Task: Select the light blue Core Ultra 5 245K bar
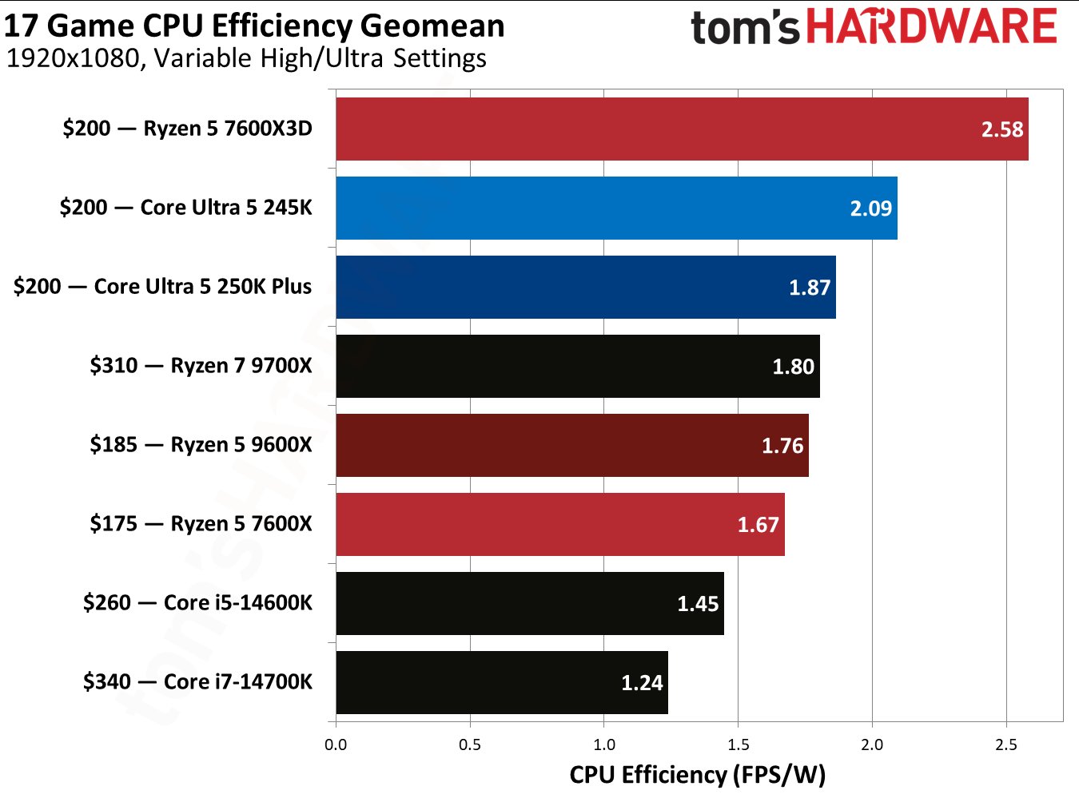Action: click(616, 208)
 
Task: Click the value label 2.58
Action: click(1001, 129)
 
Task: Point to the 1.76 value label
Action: click(782, 446)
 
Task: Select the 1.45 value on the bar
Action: click(698, 604)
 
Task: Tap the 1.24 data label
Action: click(642, 683)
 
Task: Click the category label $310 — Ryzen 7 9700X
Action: click(201, 366)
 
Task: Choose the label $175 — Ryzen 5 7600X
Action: click(201, 524)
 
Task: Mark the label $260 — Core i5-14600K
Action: click(197, 602)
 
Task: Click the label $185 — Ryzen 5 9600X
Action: click(201, 445)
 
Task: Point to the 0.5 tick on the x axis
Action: click(470, 744)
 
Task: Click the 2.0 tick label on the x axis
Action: click(872, 744)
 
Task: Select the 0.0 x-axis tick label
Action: click(336, 744)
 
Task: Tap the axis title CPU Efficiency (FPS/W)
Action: click(697, 775)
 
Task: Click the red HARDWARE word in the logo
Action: click(931, 26)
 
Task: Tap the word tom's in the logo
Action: click(744, 28)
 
